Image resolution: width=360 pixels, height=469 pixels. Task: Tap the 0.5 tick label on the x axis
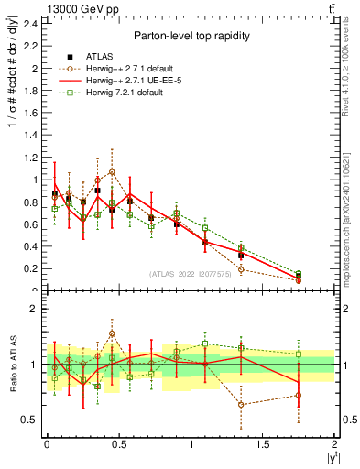[119, 443]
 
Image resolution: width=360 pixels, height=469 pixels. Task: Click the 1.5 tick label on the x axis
[263, 443]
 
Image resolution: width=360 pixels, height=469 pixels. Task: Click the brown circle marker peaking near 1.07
[112, 171]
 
